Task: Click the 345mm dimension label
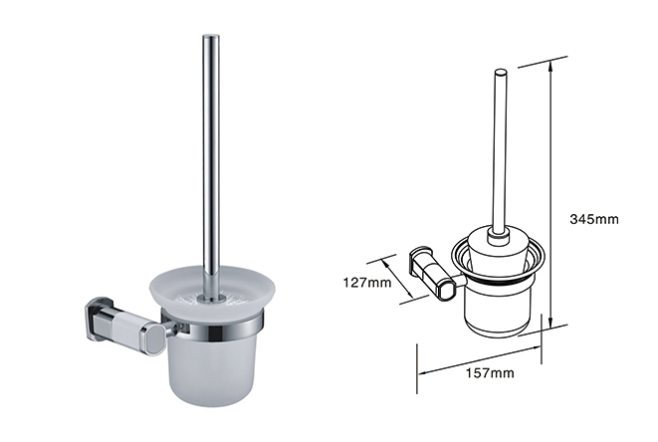point(594,219)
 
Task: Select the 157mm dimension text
point(490,372)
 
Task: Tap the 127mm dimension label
point(367,282)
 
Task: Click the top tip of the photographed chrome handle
point(211,35)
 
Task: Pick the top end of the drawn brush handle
point(499,72)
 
